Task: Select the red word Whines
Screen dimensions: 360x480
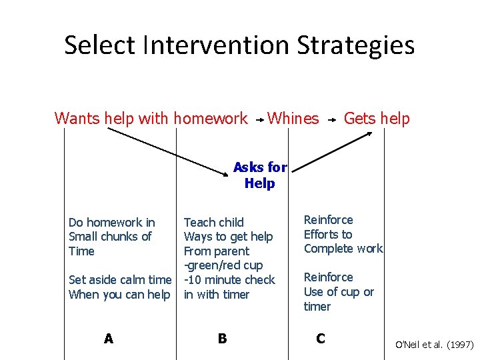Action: pos(293,119)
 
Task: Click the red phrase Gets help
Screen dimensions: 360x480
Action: pos(377,119)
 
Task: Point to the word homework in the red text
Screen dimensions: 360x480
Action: pos(210,119)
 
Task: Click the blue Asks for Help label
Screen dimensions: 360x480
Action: pos(259,175)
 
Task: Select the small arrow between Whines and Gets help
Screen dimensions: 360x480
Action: pos(331,121)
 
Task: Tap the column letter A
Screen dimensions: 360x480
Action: pos(109,339)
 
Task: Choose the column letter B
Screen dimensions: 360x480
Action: pos(222,339)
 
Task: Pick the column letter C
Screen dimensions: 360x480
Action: pos(321,339)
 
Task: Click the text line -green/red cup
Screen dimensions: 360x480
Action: pos(223,265)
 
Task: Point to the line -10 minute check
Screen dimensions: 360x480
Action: pos(229,280)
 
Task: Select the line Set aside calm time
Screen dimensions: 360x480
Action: pos(120,280)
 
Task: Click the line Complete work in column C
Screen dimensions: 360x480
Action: pos(343,249)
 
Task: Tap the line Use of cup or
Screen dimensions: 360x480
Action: pos(339,292)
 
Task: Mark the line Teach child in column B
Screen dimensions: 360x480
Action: pos(214,222)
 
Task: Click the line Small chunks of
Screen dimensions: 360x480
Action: pos(110,237)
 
